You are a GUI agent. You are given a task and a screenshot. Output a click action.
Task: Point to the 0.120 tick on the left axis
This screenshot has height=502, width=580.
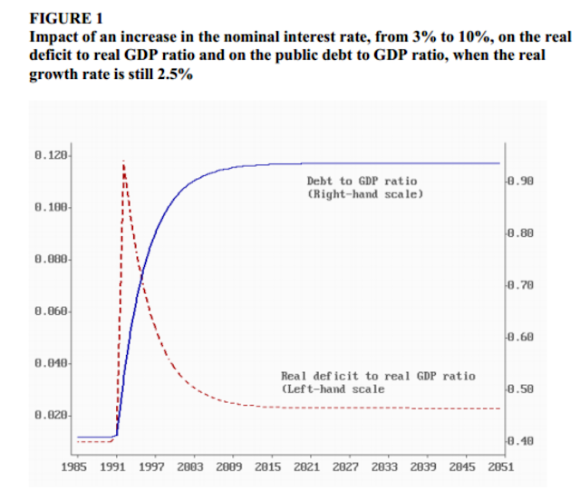pos(55,156)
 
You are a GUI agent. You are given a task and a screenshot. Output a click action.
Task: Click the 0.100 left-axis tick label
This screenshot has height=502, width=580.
pos(55,208)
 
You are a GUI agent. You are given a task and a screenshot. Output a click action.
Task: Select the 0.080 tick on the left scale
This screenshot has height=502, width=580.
pos(55,260)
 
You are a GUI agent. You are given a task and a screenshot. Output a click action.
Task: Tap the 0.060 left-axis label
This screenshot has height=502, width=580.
pos(55,311)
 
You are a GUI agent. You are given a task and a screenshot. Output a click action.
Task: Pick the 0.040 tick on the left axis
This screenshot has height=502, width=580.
pos(55,363)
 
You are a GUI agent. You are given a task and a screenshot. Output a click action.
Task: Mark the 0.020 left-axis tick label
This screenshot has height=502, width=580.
pos(55,415)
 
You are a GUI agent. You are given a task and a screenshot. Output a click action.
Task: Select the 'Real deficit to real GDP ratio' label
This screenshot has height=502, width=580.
pos(378,376)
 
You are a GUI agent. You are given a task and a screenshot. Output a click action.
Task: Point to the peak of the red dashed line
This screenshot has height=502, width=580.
pos(123,162)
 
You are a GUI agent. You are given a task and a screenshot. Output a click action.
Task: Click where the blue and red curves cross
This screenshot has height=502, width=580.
pos(141,270)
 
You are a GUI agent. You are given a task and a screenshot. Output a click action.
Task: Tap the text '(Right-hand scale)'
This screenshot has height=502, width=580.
pos(365,194)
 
